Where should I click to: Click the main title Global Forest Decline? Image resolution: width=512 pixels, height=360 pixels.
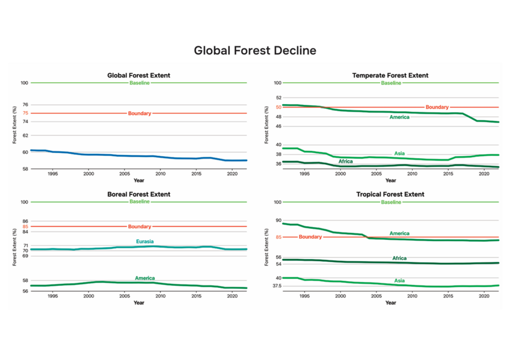pyautogui.click(x=255, y=50)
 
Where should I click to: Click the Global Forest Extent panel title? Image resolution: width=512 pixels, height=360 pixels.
pyautogui.click(x=138, y=75)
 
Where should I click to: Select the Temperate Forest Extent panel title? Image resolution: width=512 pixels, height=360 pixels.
pyautogui.click(x=390, y=75)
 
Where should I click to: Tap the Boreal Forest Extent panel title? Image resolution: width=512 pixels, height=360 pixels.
pyautogui.click(x=138, y=194)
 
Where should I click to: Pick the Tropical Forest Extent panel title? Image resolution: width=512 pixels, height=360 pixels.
pyautogui.click(x=390, y=194)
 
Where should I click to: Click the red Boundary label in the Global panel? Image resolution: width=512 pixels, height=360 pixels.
pyautogui.click(x=139, y=113)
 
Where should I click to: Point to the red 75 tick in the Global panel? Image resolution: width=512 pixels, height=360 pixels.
pyautogui.click(x=25, y=113)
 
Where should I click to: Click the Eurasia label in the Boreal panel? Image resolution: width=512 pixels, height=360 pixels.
pyautogui.click(x=145, y=241)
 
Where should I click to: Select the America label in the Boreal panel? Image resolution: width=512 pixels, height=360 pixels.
pyautogui.click(x=145, y=278)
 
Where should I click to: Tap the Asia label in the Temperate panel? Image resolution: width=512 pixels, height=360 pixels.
pyautogui.click(x=399, y=153)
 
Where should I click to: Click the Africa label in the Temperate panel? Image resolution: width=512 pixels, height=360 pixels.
pyautogui.click(x=345, y=161)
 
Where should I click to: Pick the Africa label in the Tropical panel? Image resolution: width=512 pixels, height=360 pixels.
pyautogui.click(x=399, y=258)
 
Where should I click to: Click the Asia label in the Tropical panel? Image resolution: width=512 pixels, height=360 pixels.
pyautogui.click(x=399, y=280)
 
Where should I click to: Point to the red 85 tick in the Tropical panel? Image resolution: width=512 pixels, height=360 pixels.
pyautogui.click(x=278, y=237)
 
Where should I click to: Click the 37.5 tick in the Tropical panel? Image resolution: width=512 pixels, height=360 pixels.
pyautogui.click(x=276, y=286)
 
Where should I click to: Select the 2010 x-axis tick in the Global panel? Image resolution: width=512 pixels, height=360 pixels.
pyautogui.click(x=160, y=174)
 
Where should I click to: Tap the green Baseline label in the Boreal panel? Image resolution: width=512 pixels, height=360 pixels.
pyautogui.click(x=139, y=201)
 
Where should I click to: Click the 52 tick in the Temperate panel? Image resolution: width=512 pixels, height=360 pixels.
pyautogui.click(x=278, y=98)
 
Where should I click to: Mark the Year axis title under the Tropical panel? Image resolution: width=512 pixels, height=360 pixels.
pyautogui.click(x=390, y=302)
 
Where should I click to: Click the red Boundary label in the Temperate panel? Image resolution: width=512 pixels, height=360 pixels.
pyautogui.click(x=437, y=107)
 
